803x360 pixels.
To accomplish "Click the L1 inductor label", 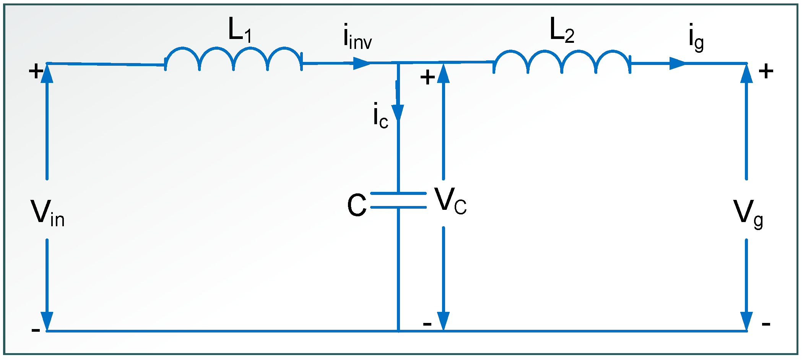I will click(240, 30).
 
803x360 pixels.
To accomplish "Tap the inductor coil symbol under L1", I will click(233, 59).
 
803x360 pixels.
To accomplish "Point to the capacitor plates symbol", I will click(398, 200).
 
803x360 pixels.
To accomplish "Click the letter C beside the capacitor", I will click(356, 205).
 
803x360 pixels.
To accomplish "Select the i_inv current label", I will click(357, 37).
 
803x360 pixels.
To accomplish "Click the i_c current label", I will click(380, 115).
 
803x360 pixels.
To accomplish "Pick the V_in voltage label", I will click(47, 214).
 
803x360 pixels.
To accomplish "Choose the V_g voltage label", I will click(748, 214).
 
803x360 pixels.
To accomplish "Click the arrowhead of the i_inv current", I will click(361, 63).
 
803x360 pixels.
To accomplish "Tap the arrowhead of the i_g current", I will click(678, 63).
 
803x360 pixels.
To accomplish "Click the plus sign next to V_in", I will click(36, 71).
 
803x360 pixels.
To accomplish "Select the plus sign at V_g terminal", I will click(766, 71).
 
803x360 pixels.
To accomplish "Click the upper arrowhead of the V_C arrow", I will click(443, 74).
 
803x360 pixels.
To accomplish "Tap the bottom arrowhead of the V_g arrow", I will click(746, 321).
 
